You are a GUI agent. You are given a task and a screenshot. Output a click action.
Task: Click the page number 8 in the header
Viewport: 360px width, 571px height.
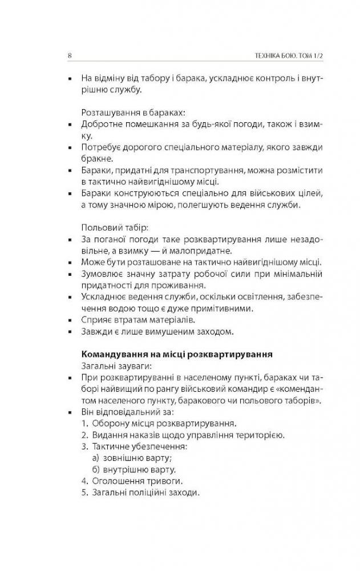(69, 55)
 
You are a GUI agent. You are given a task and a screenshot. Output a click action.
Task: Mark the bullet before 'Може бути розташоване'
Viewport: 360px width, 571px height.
(69, 263)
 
